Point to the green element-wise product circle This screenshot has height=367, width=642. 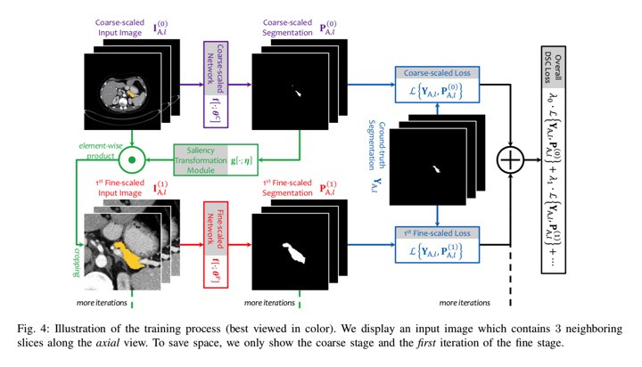coord(133,161)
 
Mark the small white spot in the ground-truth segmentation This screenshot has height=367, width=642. coord(436,168)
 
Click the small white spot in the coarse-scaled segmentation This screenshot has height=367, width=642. coord(297,92)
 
